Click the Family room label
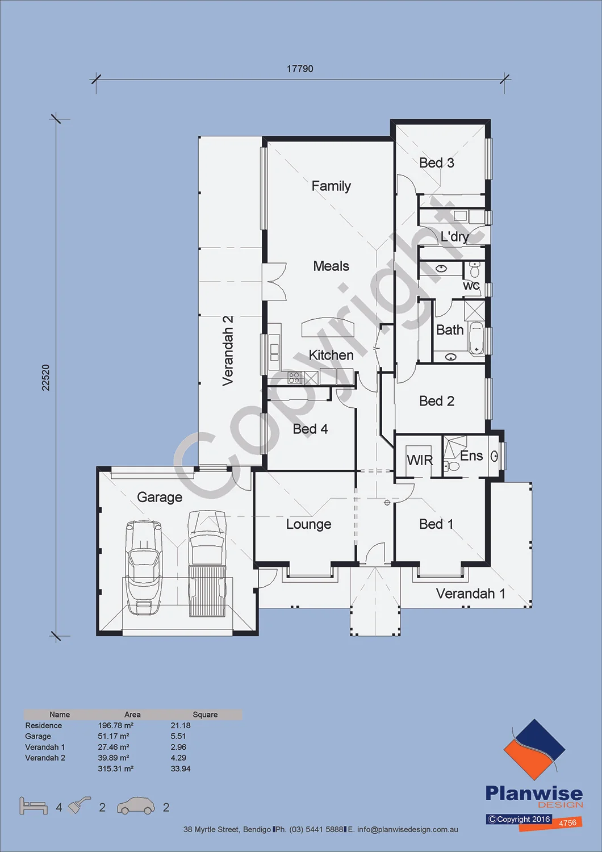point(331,186)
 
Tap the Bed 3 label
point(437,163)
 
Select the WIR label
point(420,460)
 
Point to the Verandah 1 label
point(470,594)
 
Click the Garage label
point(160,498)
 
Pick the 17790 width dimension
point(300,69)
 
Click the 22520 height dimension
point(45,377)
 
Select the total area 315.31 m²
point(116,769)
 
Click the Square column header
point(205,715)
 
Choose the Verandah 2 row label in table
point(45,758)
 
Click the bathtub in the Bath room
point(476,338)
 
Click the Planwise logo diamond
point(534,749)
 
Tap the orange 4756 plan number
point(567,822)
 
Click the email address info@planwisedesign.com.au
point(408,829)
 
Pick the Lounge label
point(308,524)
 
